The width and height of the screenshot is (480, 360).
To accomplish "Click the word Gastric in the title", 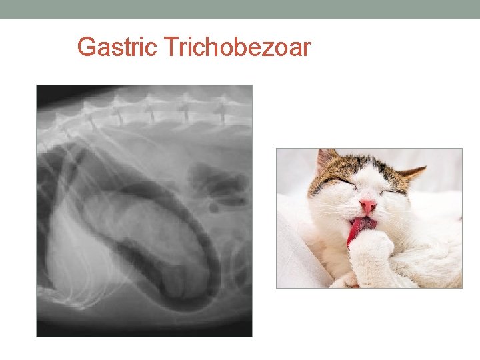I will point(117,48).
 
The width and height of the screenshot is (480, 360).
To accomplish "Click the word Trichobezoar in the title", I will point(237,48).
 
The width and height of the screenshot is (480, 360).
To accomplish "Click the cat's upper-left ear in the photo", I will point(326,161).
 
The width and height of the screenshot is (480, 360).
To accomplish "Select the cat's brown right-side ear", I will point(412,174).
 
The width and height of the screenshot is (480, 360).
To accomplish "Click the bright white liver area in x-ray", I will point(63,253).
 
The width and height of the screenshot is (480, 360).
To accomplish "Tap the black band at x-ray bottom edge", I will point(143,328).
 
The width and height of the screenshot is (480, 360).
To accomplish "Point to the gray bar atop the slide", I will point(240,9).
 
